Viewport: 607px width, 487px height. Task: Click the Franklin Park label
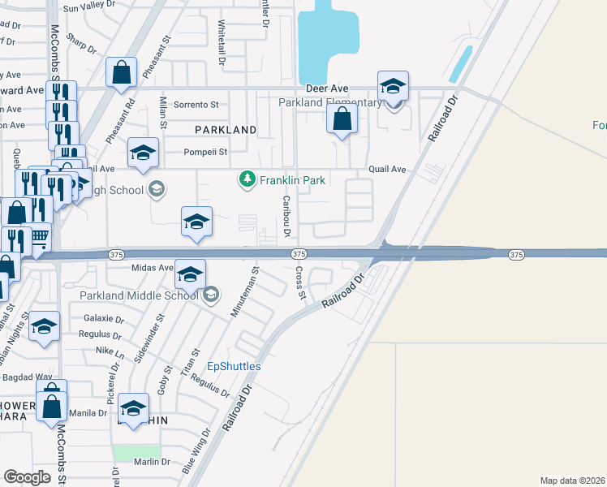pyautogui.click(x=292, y=180)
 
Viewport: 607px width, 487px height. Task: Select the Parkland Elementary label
pyautogui.click(x=329, y=103)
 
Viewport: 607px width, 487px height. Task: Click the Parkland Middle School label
pyautogui.click(x=139, y=295)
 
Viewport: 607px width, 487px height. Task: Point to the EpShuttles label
pyautogui.click(x=235, y=366)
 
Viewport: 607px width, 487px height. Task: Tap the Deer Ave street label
pyautogui.click(x=327, y=88)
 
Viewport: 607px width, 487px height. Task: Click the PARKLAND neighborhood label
pyautogui.click(x=225, y=130)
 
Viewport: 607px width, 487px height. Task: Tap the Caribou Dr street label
pyautogui.click(x=286, y=217)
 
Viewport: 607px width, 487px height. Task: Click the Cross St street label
pyautogui.click(x=300, y=282)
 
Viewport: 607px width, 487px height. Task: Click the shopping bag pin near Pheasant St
pyautogui.click(x=121, y=72)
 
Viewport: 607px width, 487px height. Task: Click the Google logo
pyautogui.click(x=28, y=477)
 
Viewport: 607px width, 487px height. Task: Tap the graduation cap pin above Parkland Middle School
pyautogui.click(x=190, y=275)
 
